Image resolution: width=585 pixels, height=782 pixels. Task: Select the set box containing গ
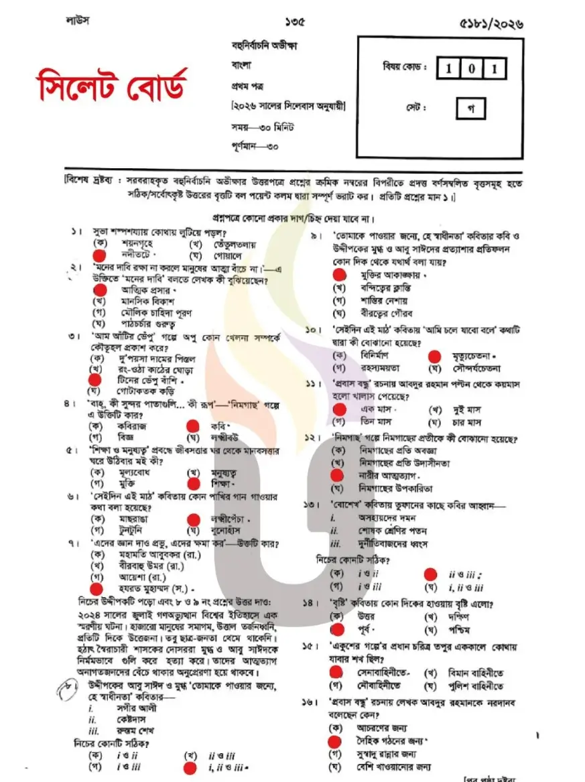coord(471,108)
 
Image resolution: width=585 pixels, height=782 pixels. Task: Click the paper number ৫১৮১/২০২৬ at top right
coord(492,23)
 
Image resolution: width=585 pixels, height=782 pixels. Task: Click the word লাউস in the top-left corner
coord(78,20)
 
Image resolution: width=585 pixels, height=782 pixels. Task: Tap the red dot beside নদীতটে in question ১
coord(99,255)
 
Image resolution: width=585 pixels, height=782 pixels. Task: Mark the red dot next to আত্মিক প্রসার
coord(99,290)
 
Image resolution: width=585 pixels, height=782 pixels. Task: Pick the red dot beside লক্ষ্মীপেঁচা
coord(194,519)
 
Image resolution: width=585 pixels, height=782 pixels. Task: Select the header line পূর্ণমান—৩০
coord(255,145)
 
